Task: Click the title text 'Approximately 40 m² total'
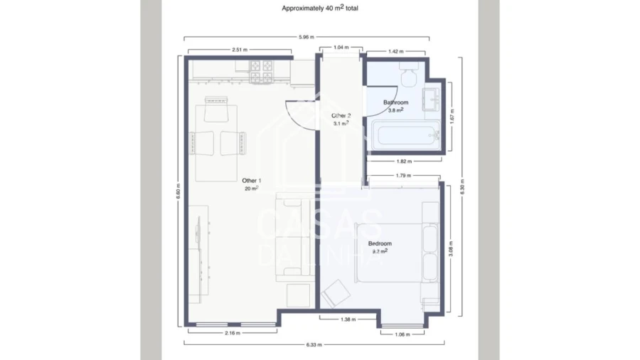(320, 9)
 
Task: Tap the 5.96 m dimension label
(306, 37)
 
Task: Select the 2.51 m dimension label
(239, 51)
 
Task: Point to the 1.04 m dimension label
(341, 48)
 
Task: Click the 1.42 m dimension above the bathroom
(395, 51)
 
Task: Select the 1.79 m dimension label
(405, 176)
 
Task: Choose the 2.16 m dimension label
(233, 332)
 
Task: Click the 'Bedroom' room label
(380, 244)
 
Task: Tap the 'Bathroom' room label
(395, 102)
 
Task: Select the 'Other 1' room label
(251, 181)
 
